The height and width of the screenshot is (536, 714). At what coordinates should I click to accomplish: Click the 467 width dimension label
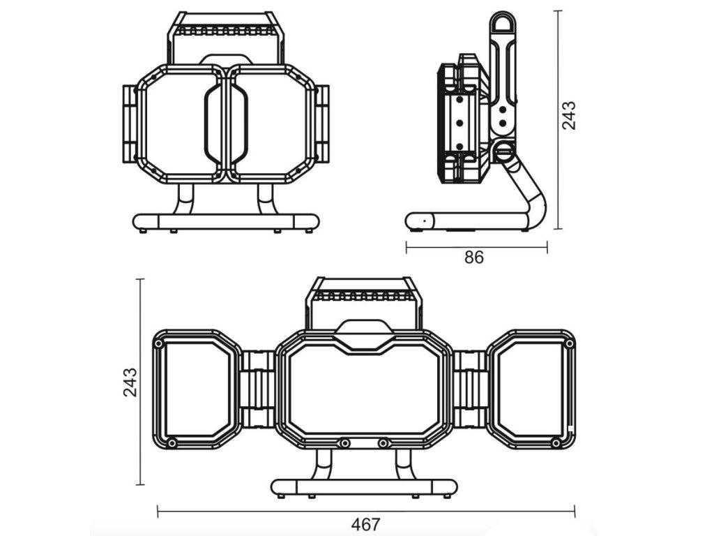click(x=365, y=524)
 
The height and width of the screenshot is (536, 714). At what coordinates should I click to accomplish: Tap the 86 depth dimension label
click(x=474, y=257)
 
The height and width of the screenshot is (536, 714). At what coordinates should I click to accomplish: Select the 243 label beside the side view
click(x=570, y=115)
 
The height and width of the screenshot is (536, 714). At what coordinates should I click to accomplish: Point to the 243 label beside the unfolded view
click(x=130, y=382)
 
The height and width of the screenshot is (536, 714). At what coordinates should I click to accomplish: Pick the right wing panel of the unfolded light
click(x=533, y=389)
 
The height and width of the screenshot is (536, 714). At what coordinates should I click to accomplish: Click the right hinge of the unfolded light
click(x=469, y=389)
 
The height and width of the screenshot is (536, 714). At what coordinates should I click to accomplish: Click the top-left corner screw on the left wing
click(x=160, y=345)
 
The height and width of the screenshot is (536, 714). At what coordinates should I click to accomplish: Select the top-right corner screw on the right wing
click(x=570, y=345)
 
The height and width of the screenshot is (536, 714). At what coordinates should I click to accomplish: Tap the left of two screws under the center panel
click(x=344, y=443)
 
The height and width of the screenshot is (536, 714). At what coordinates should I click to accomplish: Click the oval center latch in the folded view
click(x=226, y=124)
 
